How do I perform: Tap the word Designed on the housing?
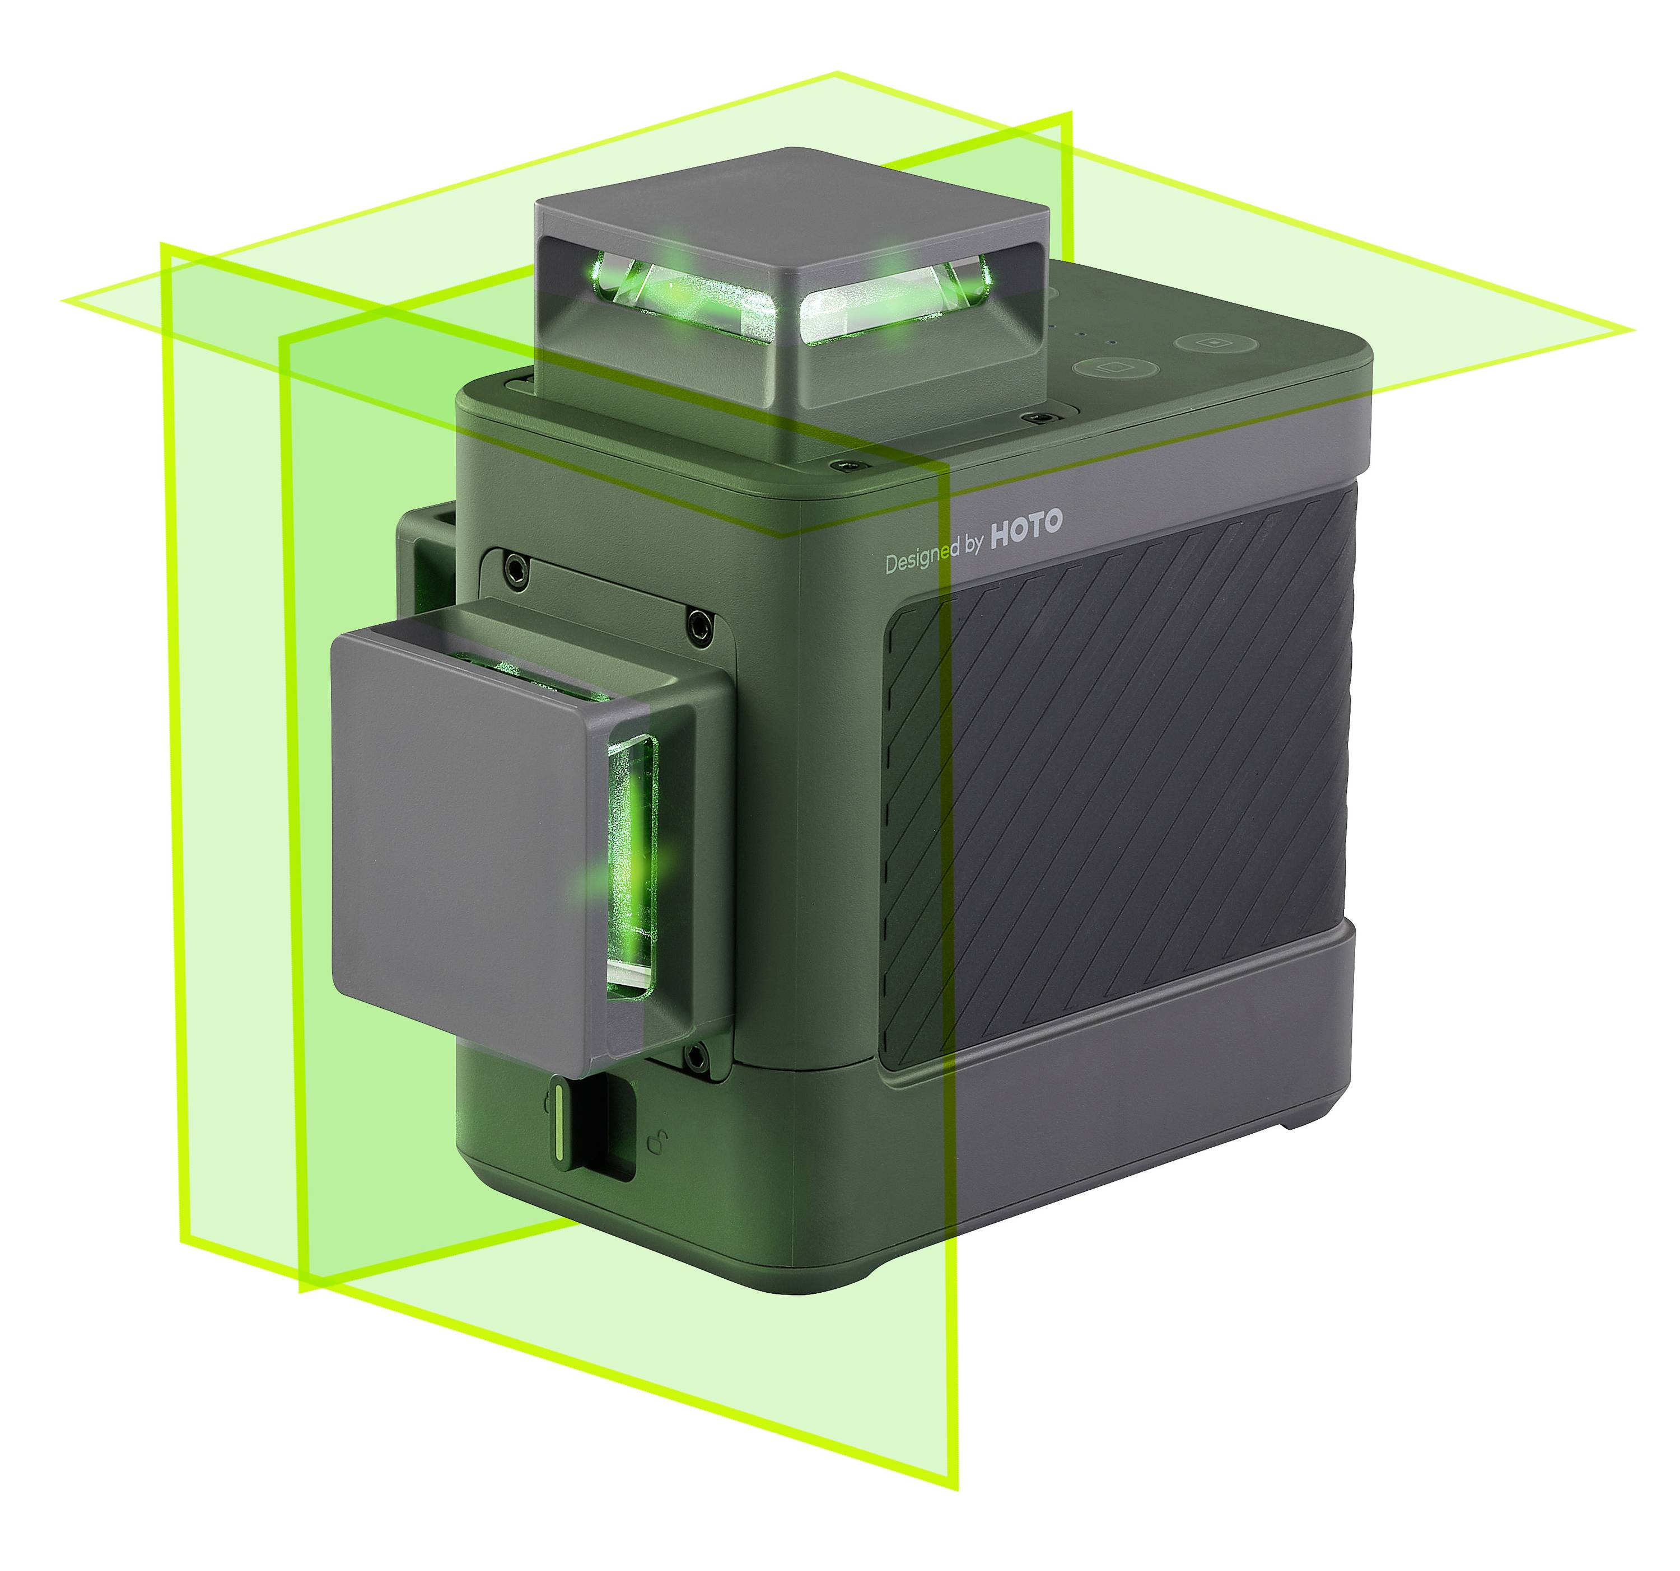click(x=923, y=559)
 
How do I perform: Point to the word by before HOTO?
click(x=973, y=545)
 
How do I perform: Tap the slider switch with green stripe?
click(x=561, y=1124)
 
